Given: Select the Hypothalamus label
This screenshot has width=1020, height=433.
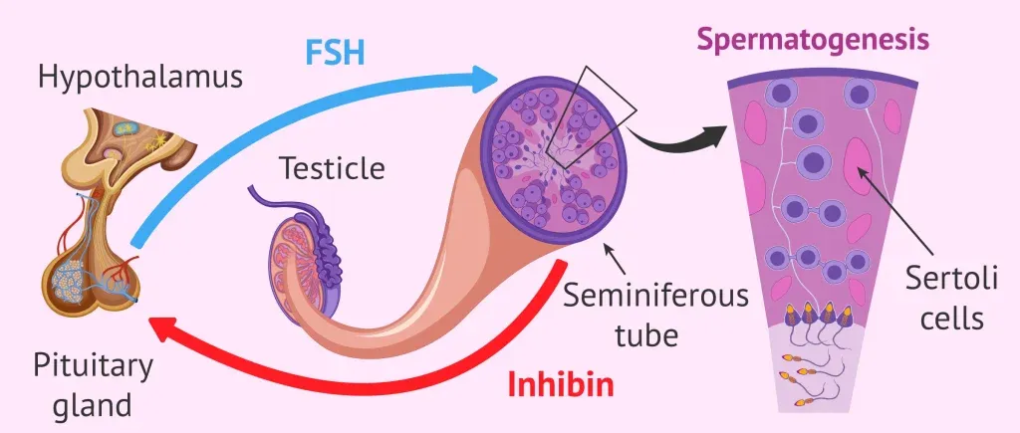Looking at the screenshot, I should [139, 78].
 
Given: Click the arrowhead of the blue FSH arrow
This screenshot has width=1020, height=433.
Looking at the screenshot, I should [485, 77].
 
